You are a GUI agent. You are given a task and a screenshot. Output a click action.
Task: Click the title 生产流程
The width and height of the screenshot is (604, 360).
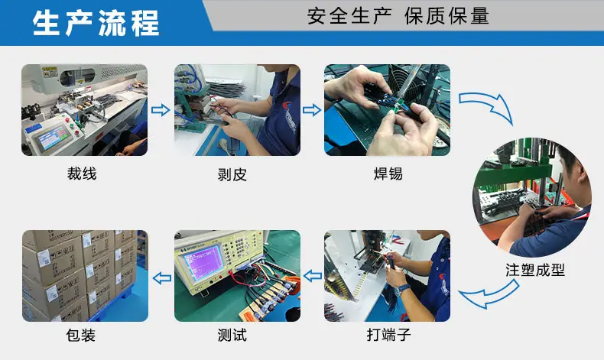(x=96, y=23)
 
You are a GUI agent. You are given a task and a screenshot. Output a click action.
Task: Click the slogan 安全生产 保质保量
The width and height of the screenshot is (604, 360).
(x=398, y=16)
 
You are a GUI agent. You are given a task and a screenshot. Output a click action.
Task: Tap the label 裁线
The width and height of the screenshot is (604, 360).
(x=82, y=174)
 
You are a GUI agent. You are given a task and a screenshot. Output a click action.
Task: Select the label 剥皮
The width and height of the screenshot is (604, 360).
(x=232, y=174)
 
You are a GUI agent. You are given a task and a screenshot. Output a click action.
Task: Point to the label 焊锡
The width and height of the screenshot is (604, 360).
(x=388, y=174)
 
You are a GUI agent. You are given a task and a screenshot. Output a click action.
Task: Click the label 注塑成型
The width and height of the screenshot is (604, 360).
(x=535, y=270)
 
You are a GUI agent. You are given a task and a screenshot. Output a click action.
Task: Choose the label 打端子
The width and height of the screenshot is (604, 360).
(x=388, y=335)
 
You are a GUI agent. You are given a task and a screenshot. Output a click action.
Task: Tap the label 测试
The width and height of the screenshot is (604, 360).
(x=232, y=335)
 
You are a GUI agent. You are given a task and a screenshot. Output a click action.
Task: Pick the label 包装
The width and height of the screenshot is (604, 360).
(x=80, y=335)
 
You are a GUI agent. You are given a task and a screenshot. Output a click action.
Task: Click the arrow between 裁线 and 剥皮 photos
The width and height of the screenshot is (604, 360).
(x=161, y=110)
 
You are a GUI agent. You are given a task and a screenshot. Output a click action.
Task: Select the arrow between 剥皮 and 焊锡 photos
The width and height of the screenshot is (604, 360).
(x=312, y=110)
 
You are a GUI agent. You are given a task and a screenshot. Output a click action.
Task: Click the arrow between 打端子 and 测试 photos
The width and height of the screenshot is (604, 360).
(x=313, y=276)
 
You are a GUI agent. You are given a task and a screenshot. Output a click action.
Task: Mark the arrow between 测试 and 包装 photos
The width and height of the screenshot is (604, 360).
(x=162, y=277)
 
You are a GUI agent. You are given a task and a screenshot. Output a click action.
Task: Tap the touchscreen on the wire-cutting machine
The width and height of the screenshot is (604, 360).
(x=53, y=138)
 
